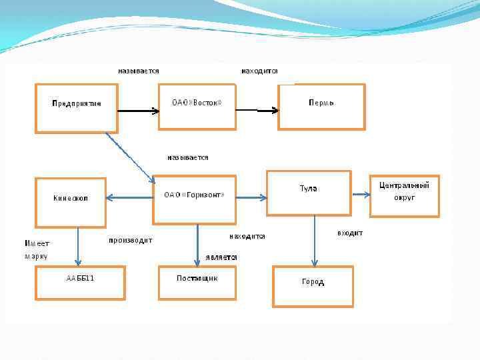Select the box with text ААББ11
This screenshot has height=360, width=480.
point(81,282)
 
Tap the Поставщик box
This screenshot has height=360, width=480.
point(197,282)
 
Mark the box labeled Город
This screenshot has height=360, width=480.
point(313,286)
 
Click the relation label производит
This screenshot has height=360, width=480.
point(131,240)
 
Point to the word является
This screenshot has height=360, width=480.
point(221,256)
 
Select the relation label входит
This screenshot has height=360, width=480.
point(350,233)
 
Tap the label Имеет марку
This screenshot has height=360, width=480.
point(37,249)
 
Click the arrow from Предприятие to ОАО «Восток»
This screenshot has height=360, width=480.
point(139,110)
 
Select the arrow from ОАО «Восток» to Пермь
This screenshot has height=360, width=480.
point(257,111)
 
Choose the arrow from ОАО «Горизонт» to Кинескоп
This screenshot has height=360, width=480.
point(130,197)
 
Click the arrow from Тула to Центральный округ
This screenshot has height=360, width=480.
point(361,195)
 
